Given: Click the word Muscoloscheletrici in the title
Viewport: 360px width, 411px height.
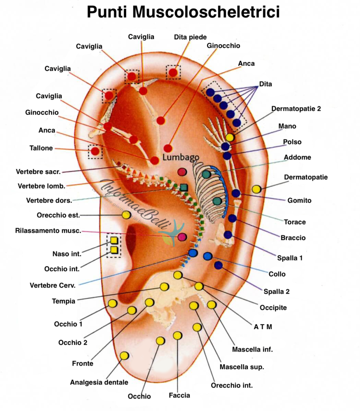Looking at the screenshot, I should click(206, 12).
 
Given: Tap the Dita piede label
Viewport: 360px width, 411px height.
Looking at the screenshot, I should click(190, 37).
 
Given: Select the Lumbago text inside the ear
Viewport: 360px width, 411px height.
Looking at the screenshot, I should click(181, 157).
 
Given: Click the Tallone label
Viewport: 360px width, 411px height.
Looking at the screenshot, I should click(41, 148).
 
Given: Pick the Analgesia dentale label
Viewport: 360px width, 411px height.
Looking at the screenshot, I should click(99, 382).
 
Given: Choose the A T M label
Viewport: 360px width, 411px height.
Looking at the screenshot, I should click(263, 326).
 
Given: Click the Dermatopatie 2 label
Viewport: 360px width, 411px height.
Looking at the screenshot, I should click(296, 109).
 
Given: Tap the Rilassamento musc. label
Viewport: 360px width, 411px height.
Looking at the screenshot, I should click(48, 231).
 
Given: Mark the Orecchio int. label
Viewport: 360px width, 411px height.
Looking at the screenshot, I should click(232, 385).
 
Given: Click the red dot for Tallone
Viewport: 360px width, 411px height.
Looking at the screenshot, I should click(95, 151).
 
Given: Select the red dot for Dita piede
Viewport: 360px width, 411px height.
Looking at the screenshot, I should click(173, 73).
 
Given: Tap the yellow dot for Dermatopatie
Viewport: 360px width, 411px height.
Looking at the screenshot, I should click(256, 189).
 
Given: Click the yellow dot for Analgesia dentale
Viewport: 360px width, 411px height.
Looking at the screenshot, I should click(124, 356).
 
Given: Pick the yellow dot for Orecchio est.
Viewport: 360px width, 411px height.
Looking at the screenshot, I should click(126, 215).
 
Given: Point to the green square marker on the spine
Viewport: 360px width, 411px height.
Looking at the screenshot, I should click(184, 187).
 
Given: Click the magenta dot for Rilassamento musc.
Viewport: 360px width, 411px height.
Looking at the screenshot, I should click(182, 237).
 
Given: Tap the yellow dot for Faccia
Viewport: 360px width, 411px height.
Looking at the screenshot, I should click(177, 335).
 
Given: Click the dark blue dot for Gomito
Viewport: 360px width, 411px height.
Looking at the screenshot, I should click(236, 193).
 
